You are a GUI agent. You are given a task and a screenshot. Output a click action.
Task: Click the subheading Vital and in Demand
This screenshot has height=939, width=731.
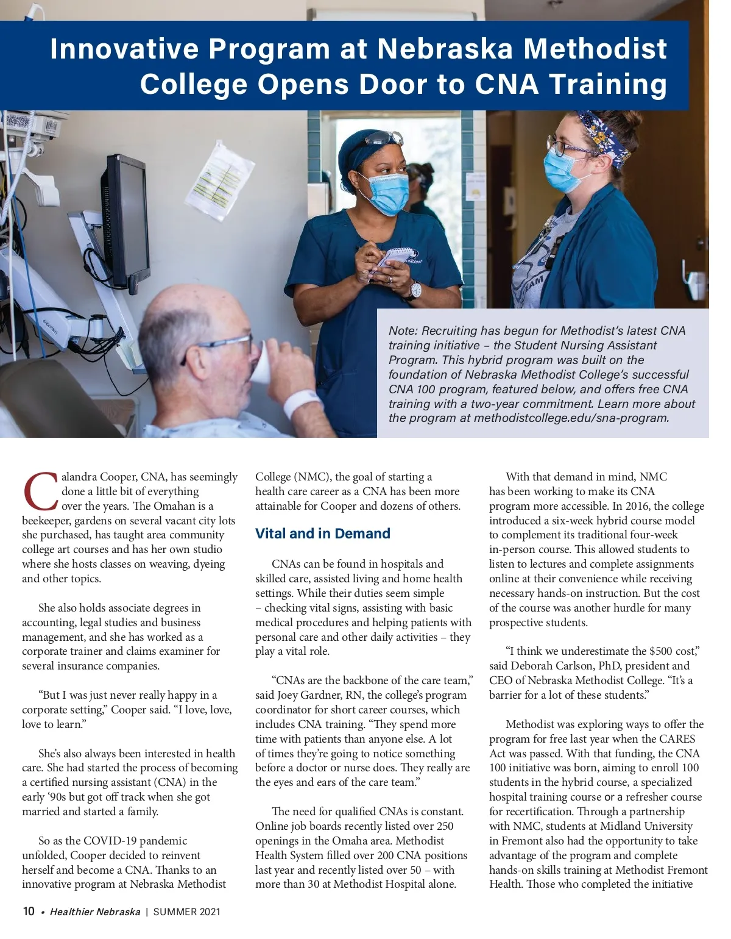coord(322,534)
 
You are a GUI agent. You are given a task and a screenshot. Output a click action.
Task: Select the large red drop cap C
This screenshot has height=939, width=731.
coord(41,491)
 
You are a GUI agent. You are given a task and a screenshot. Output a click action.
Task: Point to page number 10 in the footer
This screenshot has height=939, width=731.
coord(29,912)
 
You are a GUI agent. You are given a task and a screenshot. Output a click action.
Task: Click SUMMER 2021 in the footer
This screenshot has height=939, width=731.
coord(186,912)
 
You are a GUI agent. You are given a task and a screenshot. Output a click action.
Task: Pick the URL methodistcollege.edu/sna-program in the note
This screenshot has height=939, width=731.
coord(571,418)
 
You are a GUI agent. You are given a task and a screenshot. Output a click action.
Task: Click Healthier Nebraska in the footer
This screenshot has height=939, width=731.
coord(95,912)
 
